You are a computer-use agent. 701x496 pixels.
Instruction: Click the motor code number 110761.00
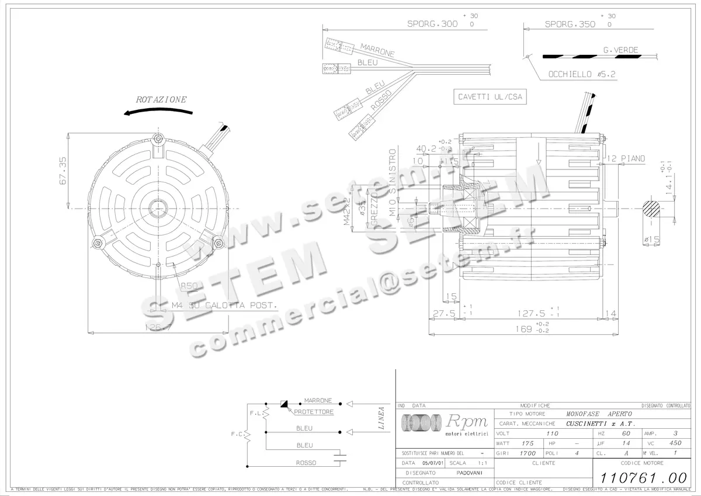click(x=637, y=476)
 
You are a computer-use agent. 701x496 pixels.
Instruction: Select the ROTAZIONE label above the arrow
click(x=161, y=99)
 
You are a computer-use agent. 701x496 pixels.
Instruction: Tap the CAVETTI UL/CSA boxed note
click(x=490, y=98)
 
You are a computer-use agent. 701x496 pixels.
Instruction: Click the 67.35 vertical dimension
click(x=63, y=171)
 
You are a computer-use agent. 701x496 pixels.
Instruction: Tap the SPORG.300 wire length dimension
click(x=432, y=25)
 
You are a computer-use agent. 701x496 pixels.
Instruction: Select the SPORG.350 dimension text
click(x=570, y=25)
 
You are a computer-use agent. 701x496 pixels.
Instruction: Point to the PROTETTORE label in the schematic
click(x=314, y=412)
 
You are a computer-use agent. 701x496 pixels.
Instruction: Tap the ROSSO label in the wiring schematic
click(x=306, y=463)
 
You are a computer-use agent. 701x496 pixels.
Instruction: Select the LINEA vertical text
click(x=381, y=418)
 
